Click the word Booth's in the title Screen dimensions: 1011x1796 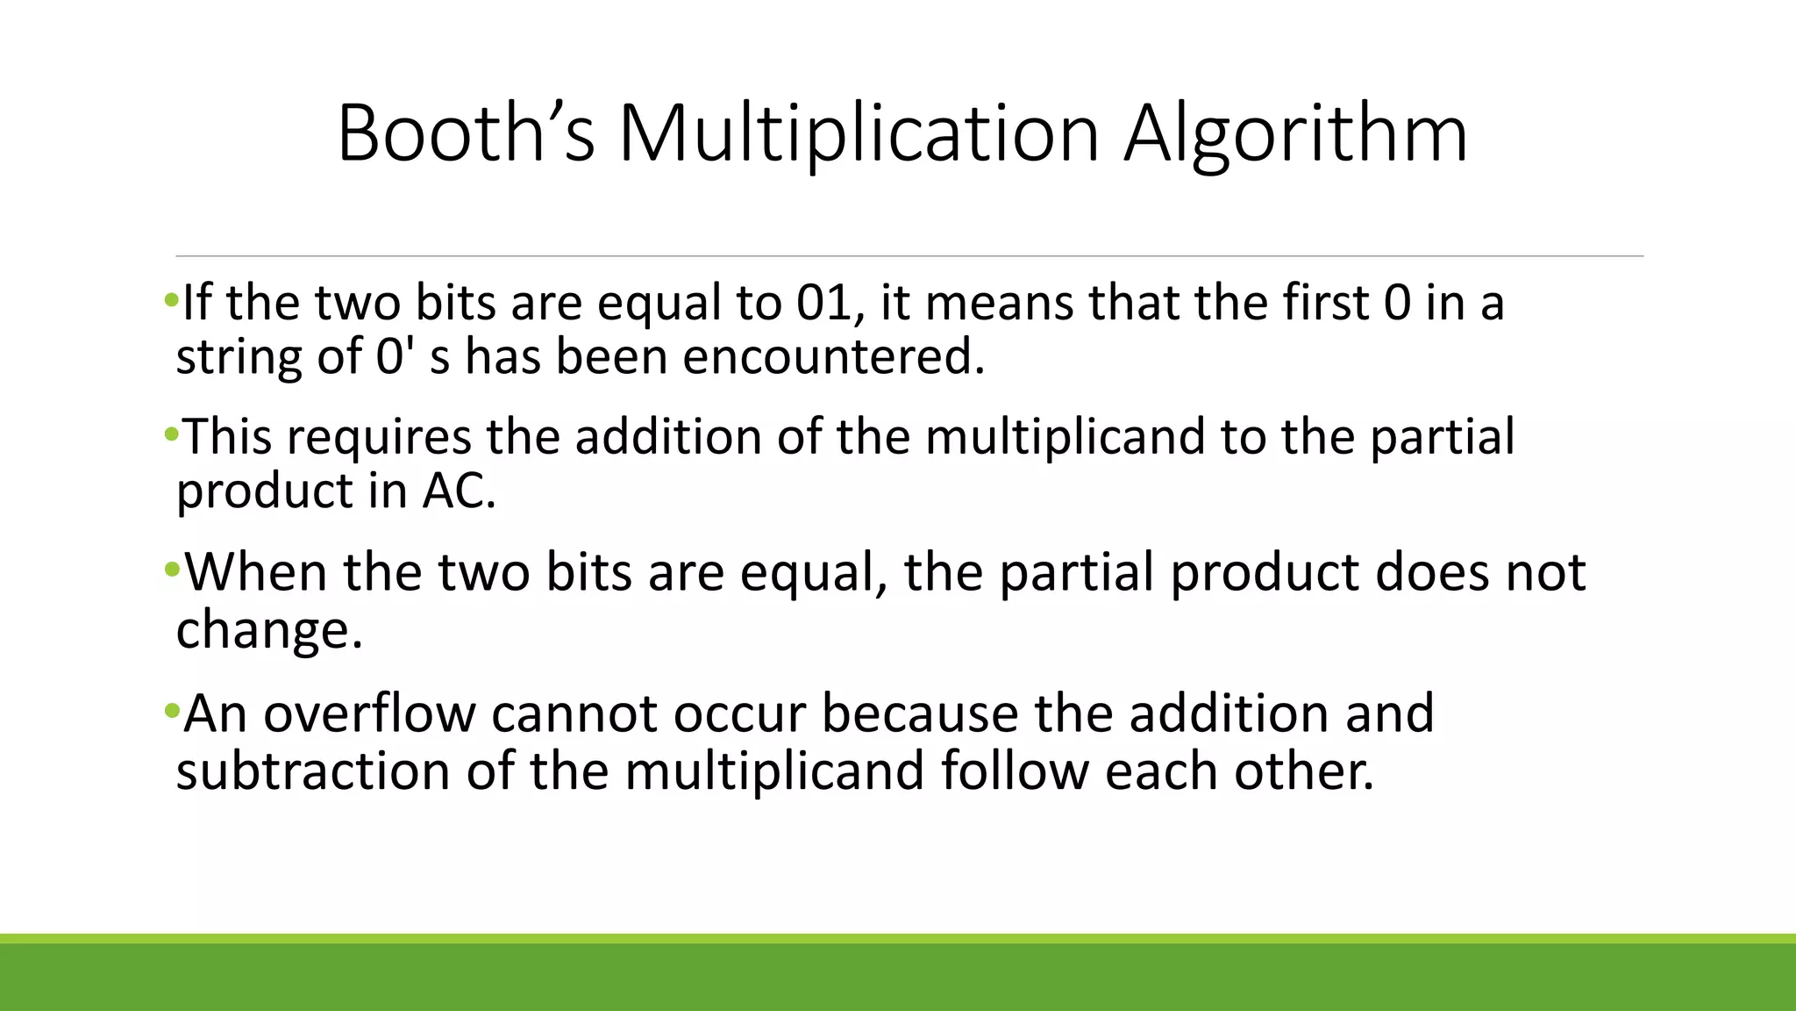coord(466,134)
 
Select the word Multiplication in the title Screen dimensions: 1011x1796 coord(859,134)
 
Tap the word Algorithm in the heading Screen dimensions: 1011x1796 coord(1295,134)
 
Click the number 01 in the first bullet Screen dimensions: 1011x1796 coord(823,303)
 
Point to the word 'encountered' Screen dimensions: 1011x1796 coord(833,357)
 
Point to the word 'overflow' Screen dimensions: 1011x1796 coord(369,713)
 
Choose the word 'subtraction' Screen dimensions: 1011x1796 coord(312,771)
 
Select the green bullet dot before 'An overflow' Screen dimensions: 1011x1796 coord(171,707)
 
